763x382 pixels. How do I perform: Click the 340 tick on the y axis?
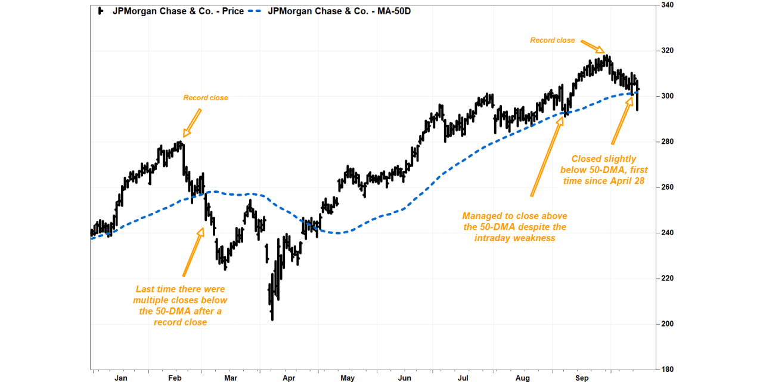(x=666, y=5)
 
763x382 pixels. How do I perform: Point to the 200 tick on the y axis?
(x=666, y=324)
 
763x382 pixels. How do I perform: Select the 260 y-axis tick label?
(x=666, y=187)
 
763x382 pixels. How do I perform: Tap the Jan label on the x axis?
(x=120, y=378)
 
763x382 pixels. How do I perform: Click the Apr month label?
(x=289, y=378)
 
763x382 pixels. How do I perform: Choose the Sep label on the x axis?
(x=582, y=378)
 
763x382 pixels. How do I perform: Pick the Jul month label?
(x=463, y=378)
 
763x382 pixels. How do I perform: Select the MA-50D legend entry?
(x=339, y=11)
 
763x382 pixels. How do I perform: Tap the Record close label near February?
(x=205, y=98)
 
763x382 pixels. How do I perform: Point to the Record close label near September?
(x=553, y=41)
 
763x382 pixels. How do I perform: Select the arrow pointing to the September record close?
(x=594, y=47)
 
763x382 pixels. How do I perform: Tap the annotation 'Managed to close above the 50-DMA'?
(x=514, y=227)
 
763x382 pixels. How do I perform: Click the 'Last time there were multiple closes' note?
(x=180, y=306)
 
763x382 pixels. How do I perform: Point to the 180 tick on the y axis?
(x=666, y=370)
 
